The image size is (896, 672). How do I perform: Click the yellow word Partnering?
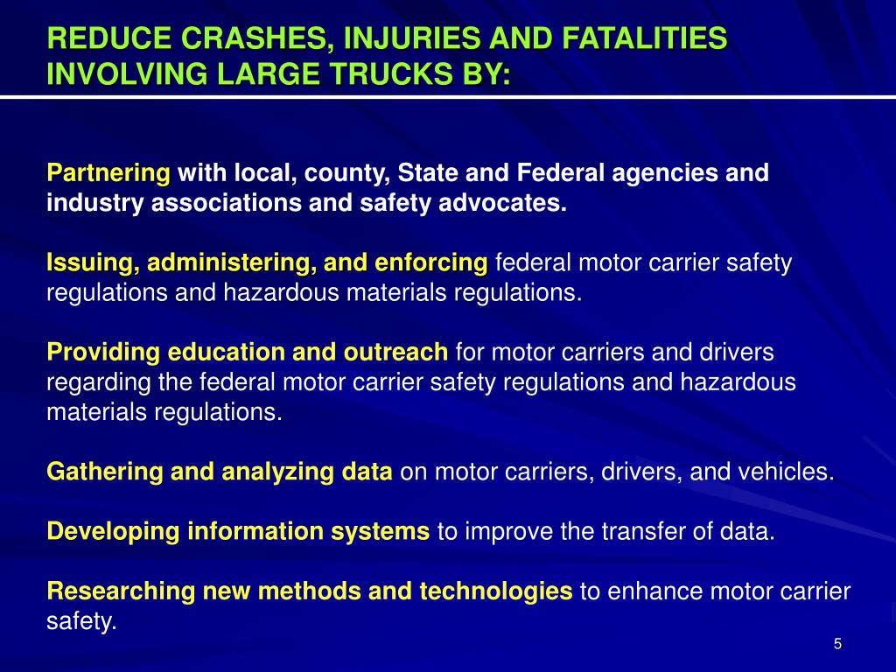click(x=108, y=173)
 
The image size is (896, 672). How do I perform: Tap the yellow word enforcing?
click(x=430, y=262)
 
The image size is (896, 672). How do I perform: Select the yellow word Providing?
click(x=103, y=353)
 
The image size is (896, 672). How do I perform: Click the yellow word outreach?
click(x=395, y=353)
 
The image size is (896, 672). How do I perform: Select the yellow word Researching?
click(x=122, y=591)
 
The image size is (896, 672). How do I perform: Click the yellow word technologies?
click(x=496, y=591)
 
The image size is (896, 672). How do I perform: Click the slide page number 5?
click(x=837, y=645)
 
